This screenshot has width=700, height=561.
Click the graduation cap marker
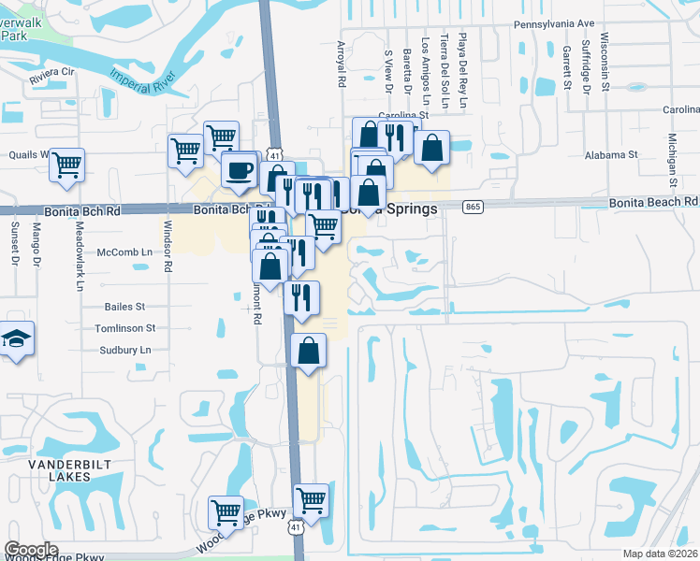click(x=16, y=338)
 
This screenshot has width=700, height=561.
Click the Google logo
click(x=30, y=550)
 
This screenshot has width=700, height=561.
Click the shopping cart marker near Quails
click(x=67, y=165)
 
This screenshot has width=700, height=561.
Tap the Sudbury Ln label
click(x=125, y=350)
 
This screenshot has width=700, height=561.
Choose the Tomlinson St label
click(x=124, y=328)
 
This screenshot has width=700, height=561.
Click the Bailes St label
click(x=125, y=306)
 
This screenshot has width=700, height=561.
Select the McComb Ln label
click(x=124, y=252)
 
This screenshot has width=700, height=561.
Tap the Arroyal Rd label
click(x=342, y=64)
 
